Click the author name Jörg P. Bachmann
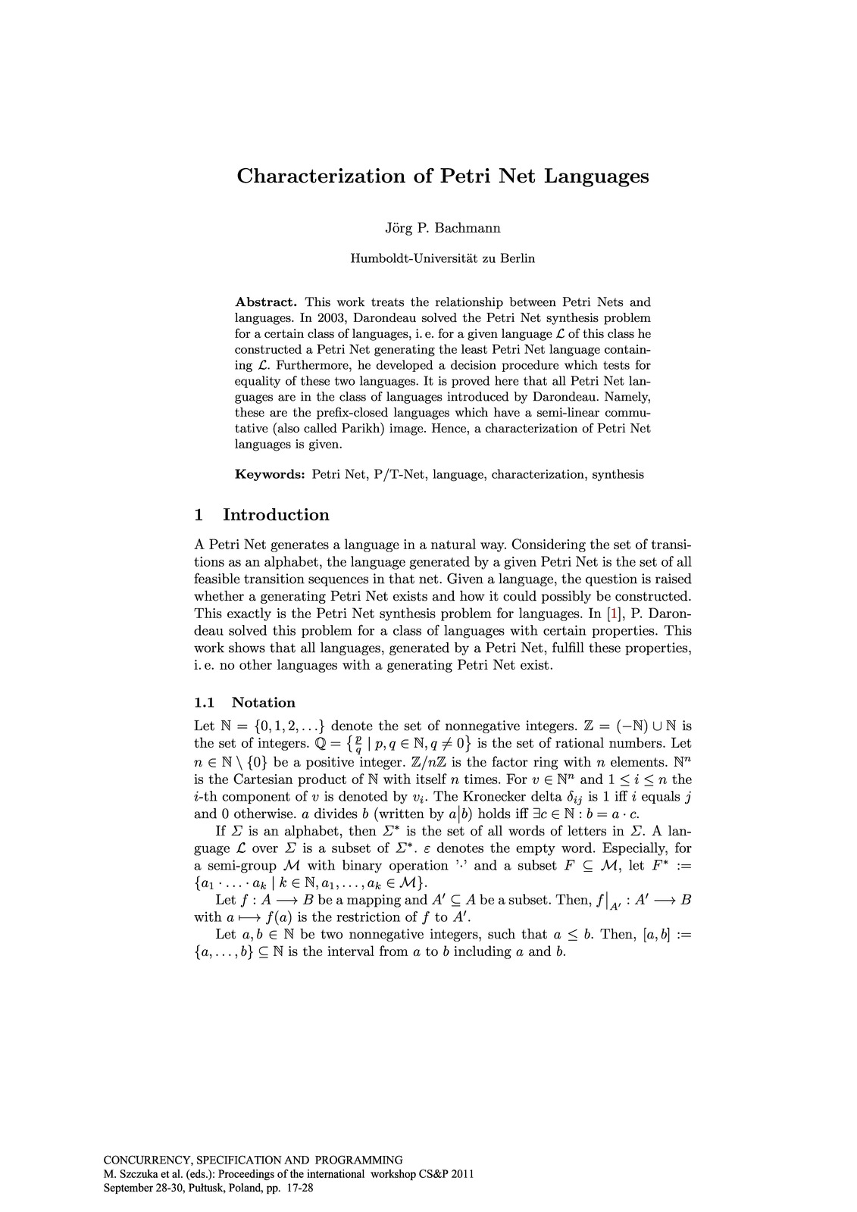(443, 227)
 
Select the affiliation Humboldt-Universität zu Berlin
(443, 258)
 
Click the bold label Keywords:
(270, 475)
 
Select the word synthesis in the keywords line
(618, 475)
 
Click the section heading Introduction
(276, 515)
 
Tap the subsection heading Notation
(263, 702)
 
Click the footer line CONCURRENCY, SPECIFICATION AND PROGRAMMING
(253, 1160)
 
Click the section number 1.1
(205, 702)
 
